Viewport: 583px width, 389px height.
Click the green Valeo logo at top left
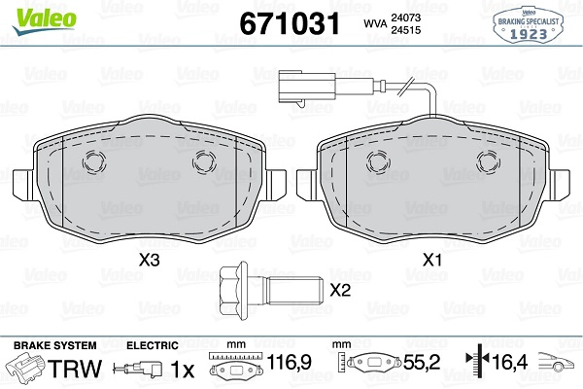point(45,21)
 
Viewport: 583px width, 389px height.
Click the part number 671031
point(290,23)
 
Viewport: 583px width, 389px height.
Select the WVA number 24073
point(405,18)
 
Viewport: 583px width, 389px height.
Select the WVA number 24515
point(405,30)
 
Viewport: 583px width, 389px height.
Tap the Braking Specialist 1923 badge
point(528,25)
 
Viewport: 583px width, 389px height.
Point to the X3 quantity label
point(150,260)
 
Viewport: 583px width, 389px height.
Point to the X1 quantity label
point(432,260)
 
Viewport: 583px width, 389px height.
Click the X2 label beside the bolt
point(340,290)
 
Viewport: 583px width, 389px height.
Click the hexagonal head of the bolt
point(233,291)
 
